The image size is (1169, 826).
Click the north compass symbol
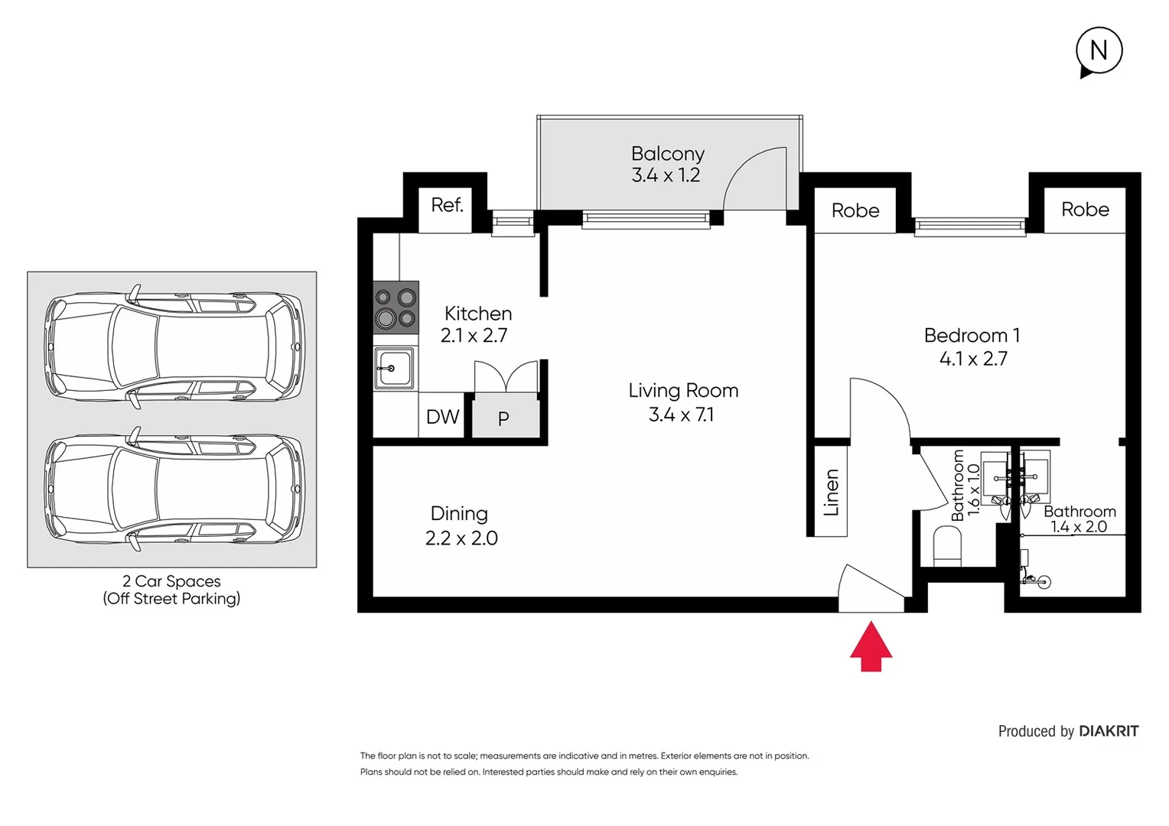point(1098,51)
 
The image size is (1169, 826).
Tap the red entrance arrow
point(871,647)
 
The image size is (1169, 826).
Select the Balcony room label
point(667,154)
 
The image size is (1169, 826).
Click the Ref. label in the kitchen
point(447,205)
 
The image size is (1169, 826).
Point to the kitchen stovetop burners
point(396,307)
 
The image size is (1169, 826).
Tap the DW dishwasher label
point(442,417)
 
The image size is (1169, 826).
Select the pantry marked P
point(504,418)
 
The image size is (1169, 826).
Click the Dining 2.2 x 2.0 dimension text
point(461,538)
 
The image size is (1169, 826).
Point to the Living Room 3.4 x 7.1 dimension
point(681,415)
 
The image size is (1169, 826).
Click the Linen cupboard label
point(832,493)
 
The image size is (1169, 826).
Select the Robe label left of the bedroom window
point(855,210)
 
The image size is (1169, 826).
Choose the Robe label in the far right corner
point(1085,210)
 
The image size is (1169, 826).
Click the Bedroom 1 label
point(972,336)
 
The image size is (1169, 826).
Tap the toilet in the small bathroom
point(947,546)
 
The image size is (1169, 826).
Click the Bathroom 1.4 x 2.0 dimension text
point(1078,527)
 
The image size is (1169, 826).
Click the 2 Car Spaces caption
point(171,581)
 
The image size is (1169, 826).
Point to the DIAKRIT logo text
point(1108,731)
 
